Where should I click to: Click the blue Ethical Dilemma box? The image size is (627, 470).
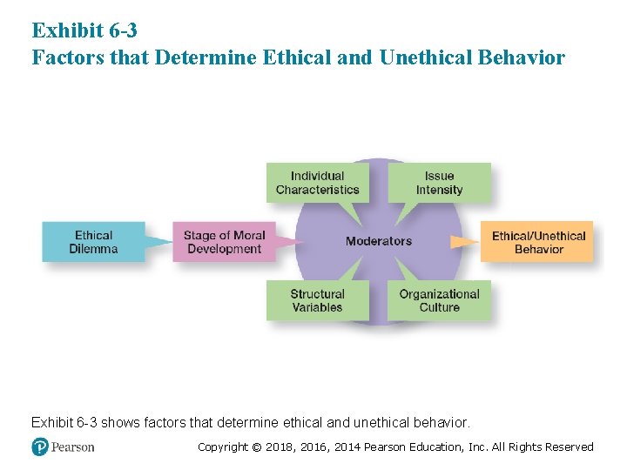[x=93, y=242]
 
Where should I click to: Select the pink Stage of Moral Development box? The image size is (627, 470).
[x=224, y=242]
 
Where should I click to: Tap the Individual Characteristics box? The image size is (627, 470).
[x=317, y=183]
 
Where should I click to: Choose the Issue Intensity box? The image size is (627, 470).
[x=439, y=183]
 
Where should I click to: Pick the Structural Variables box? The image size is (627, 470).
[x=317, y=300]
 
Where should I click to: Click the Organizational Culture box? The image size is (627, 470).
[x=439, y=300]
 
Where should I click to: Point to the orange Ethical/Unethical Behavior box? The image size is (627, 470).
[x=538, y=242]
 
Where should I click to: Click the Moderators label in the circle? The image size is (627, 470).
[x=379, y=241]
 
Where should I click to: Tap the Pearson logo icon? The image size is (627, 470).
[x=40, y=446]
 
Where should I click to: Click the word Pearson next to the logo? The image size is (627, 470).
[x=72, y=447]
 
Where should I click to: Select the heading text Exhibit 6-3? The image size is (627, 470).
[x=84, y=30]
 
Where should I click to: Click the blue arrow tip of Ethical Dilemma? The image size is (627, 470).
[x=167, y=242]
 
